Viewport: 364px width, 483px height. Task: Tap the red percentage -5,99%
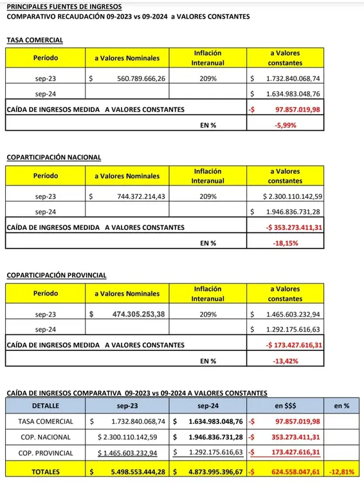click(284, 126)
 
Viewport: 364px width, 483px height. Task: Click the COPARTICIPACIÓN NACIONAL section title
click(53, 156)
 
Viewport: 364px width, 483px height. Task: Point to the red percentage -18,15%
click(284, 243)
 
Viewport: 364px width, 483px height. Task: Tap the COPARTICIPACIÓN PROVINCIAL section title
click(56, 275)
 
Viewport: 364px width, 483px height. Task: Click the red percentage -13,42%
click(284, 361)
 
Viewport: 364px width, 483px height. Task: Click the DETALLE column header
click(45, 406)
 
